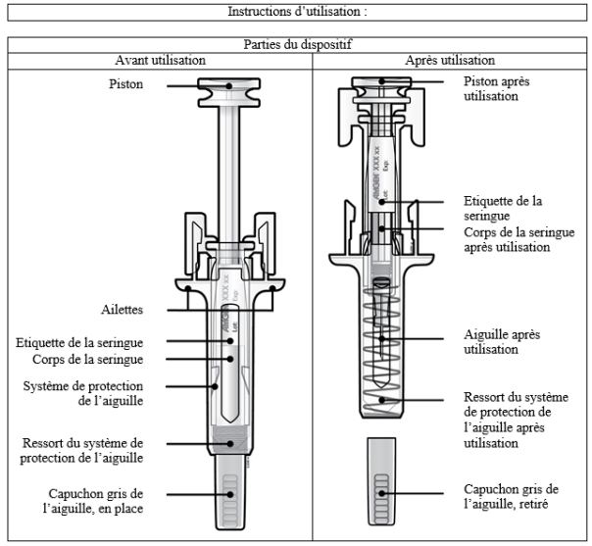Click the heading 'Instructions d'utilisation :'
tap(295, 12)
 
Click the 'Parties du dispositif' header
tap(295, 45)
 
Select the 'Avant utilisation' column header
tap(160, 61)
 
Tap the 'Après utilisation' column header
tap(450, 61)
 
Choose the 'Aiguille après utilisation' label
tap(500, 341)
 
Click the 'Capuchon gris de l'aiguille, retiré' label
tap(511, 496)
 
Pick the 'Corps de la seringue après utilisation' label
tap(506, 240)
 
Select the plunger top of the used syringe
tap(383, 84)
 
